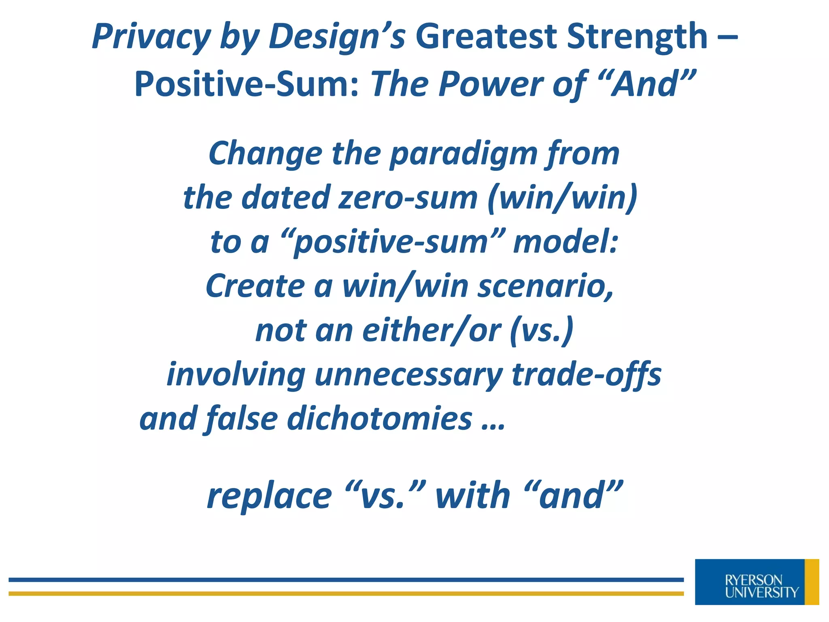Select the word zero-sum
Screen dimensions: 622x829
click(x=408, y=198)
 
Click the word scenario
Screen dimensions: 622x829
click(x=545, y=286)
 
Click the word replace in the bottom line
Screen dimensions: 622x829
click(x=269, y=496)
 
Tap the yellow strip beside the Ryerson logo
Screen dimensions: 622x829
click(x=811, y=582)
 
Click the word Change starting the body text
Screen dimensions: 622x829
click(x=266, y=154)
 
